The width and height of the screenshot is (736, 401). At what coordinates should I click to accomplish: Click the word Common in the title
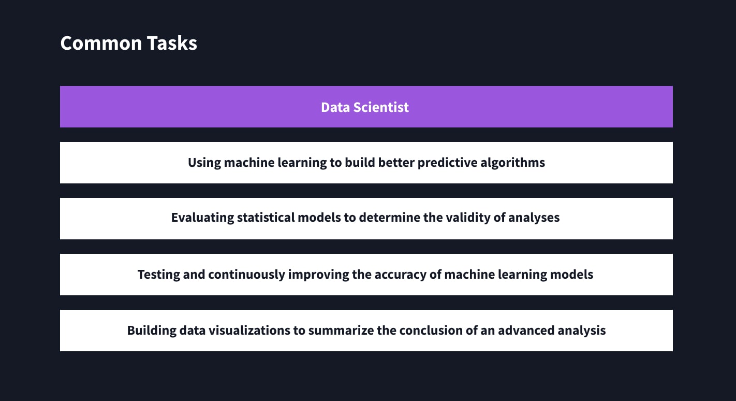[x=101, y=43]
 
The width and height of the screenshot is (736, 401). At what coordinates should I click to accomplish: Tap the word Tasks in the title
[x=172, y=43]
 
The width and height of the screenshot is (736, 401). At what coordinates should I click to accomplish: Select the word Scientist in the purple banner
[x=381, y=107]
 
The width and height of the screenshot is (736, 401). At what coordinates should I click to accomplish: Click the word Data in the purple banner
[x=335, y=107]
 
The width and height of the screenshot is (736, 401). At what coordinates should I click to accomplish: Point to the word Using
[x=204, y=163]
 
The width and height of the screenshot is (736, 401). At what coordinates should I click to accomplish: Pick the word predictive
[x=448, y=163]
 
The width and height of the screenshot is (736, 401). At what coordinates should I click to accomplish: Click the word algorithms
[x=512, y=163]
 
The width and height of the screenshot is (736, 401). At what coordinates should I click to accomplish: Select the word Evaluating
[x=202, y=218]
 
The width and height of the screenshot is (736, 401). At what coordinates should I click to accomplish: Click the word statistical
[x=266, y=218]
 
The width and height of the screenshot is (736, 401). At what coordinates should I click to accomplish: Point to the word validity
[x=463, y=218]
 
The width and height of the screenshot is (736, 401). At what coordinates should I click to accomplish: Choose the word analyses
[x=534, y=218]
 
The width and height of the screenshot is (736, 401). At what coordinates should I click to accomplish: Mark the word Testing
[x=159, y=275]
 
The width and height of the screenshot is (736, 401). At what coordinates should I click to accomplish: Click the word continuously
[x=246, y=275]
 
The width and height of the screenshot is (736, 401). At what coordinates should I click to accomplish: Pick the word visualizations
[x=249, y=330]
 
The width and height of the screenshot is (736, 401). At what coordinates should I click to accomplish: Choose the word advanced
[x=526, y=330]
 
